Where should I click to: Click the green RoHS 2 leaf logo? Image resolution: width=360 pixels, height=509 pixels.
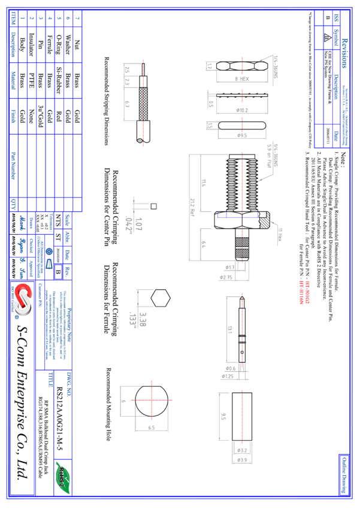(x=63, y=477)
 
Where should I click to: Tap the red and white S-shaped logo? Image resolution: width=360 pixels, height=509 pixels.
(x=23, y=299)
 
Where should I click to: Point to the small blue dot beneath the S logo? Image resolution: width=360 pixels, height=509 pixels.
(x=17, y=317)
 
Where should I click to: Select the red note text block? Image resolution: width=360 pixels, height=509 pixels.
(x=304, y=292)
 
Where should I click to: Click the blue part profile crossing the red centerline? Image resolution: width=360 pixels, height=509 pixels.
(x=237, y=216)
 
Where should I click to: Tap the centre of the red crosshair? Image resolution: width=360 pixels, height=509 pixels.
(x=152, y=400)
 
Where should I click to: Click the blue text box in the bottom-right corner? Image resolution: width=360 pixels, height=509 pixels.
(x=344, y=475)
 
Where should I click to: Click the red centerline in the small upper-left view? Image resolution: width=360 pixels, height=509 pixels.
(x=143, y=102)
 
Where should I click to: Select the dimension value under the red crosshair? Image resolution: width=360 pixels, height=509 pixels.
(x=152, y=428)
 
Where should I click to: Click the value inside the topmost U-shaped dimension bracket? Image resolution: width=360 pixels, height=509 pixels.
(x=242, y=79)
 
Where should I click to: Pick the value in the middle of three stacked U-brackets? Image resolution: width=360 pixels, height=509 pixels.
(x=242, y=111)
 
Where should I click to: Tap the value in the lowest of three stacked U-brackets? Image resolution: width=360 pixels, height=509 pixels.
(x=242, y=136)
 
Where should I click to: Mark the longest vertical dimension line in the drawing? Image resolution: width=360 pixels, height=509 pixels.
(x=189, y=207)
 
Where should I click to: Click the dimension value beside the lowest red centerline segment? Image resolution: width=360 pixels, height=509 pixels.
(x=223, y=416)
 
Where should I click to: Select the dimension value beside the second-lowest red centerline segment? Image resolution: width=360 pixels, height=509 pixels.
(x=230, y=329)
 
